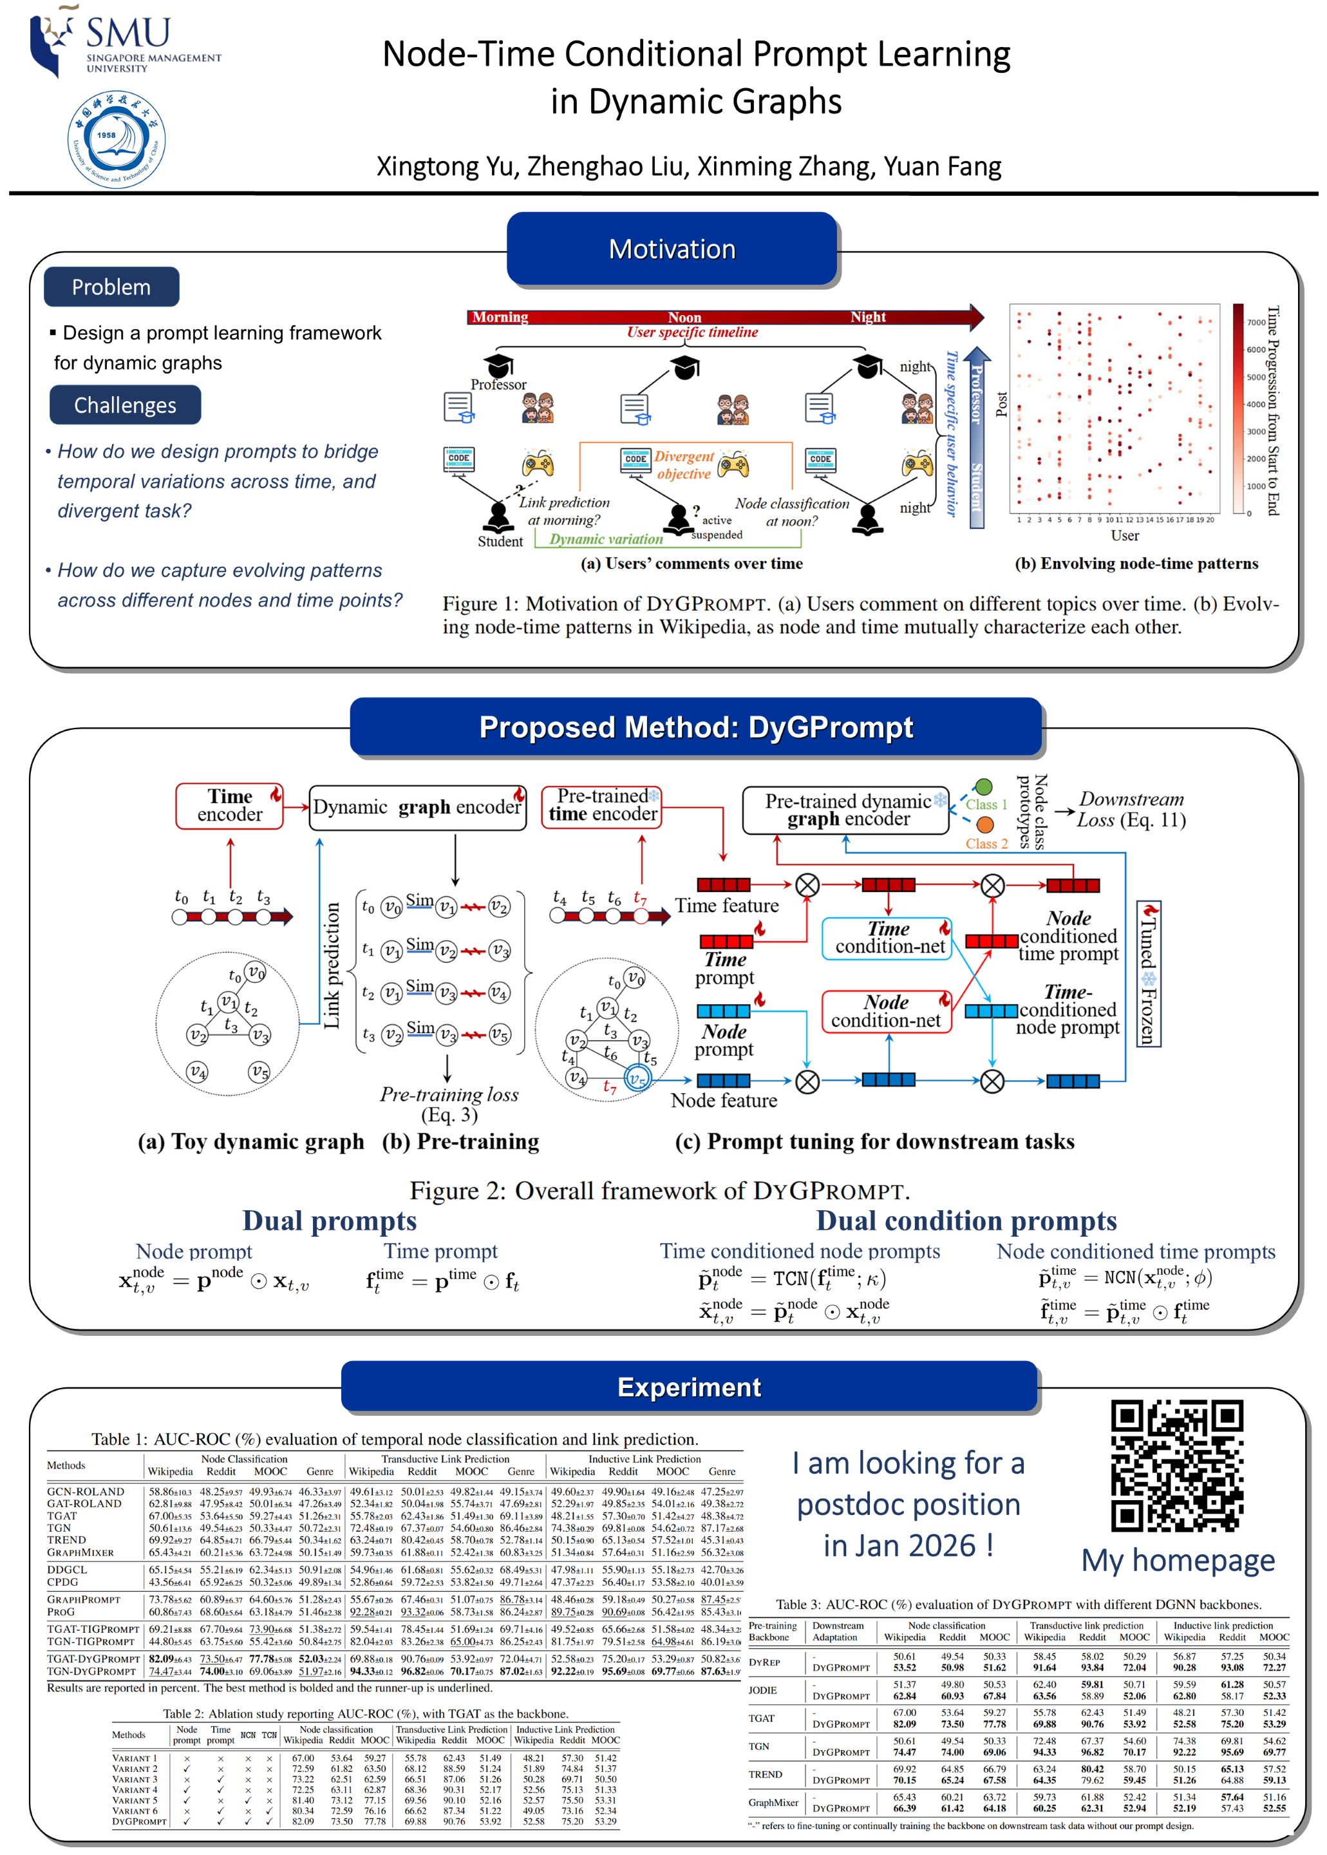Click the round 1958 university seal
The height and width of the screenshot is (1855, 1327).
click(117, 140)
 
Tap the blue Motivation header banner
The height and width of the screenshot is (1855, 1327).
click(672, 249)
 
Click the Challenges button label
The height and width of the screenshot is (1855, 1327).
click(125, 405)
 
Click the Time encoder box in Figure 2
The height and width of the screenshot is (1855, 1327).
click(230, 806)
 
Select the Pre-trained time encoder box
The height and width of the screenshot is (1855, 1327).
click(602, 806)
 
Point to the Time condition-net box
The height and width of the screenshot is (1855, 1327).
click(887, 938)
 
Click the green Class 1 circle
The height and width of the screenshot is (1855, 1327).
click(984, 787)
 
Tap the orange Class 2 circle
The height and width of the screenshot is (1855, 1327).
click(984, 825)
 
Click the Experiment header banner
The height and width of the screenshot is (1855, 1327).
click(689, 1387)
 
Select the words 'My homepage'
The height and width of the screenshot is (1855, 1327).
click(1178, 1561)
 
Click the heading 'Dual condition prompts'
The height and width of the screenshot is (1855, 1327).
click(966, 1221)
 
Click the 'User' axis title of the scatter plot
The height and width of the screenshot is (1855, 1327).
click(1124, 536)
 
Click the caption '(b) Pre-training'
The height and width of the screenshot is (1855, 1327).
click(461, 1141)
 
